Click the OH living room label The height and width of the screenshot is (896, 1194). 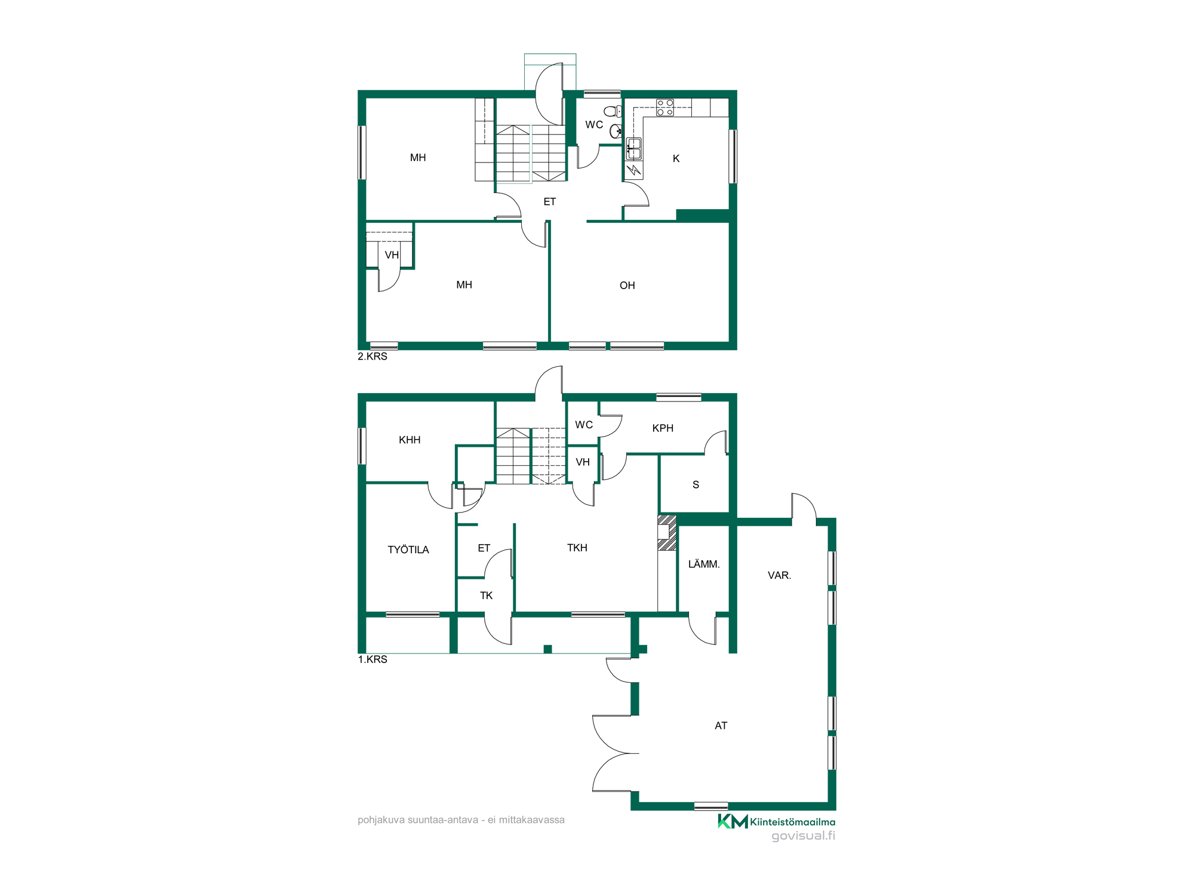[627, 286]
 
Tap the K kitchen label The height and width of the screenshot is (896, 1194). [676, 158]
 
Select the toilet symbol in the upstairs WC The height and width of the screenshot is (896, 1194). [613, 111]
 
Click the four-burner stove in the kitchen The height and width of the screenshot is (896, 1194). [665, 108]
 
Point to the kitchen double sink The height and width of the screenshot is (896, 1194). [633, 149]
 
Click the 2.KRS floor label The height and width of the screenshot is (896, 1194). [373, 357]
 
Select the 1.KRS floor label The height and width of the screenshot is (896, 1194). [373, 659]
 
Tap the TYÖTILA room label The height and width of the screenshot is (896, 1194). [408, 550]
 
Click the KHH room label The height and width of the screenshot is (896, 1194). [410, 440]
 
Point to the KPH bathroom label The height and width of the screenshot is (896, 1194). [663, 428]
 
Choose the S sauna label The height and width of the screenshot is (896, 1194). [696, 485]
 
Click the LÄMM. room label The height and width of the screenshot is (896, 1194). [704, 564]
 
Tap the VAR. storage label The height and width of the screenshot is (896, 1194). [779, 575]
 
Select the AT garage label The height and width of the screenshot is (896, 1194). [721, 726]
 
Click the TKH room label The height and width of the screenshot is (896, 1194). [577, 548]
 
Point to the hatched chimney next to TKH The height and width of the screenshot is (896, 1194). [667, 532]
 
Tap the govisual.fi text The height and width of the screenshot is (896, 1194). [803, 836]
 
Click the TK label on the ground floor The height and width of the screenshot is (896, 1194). [486, 596]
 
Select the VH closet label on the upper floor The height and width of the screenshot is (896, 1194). [392, 255]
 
